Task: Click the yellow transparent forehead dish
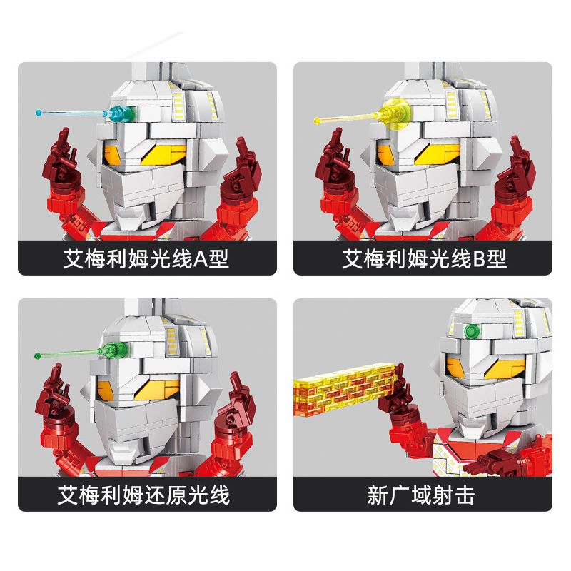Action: point(394,112)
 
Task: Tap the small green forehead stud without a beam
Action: point(471,330)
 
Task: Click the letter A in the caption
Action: point(201,258)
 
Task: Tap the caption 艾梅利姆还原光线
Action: point(144,495)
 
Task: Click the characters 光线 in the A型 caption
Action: point(176,258)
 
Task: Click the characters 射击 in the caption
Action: point(457,495)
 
